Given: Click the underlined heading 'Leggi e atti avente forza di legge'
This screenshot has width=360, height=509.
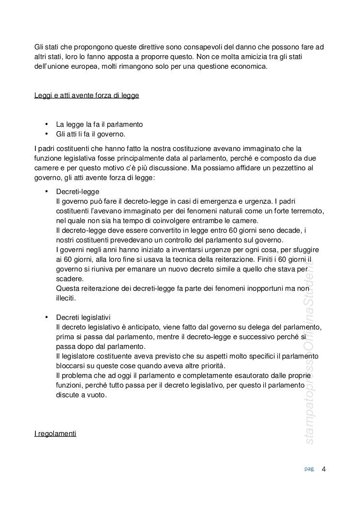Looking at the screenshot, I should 87,95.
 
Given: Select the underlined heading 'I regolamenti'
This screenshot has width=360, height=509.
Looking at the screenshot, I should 55,434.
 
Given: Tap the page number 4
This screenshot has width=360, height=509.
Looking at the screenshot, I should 324,468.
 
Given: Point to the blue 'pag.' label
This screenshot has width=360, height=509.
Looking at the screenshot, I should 309,468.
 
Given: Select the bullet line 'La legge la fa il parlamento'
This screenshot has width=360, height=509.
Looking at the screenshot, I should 99,124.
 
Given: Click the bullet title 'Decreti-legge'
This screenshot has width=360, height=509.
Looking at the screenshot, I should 77,192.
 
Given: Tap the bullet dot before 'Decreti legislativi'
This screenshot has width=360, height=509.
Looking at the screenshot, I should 46,317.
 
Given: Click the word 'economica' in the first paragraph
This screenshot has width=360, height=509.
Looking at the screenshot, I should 251,66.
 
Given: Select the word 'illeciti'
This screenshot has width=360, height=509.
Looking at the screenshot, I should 66,299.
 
